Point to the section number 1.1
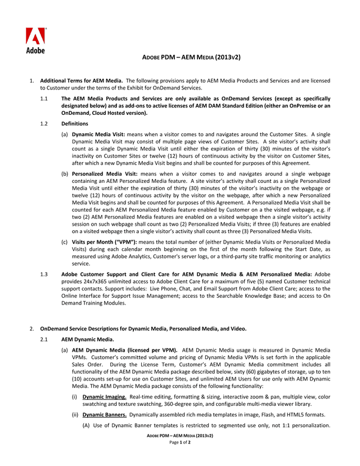44,99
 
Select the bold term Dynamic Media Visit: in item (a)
98,135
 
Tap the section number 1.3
44,274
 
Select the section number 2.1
44,340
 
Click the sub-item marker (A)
87,425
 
